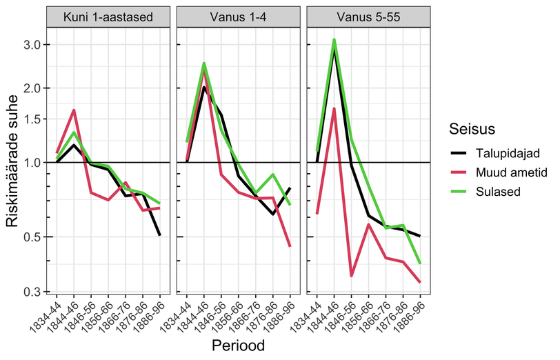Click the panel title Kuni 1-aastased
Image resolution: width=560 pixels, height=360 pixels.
pyautogui.click(x=108, y=17)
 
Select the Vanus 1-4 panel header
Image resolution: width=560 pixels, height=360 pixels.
pyautogui.click(x=238, y=17)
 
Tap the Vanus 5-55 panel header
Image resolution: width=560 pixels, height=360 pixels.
pyautogui.click(x=368, y=17)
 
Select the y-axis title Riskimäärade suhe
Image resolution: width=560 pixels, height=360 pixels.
pyautogui.click(x=12, y=161)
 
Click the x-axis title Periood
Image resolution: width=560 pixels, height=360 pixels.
pyautogui.click(x=238, y=346)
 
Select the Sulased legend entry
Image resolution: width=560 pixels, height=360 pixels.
pyautogui.click(x=498, y=192)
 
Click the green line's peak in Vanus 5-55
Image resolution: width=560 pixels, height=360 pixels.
pyautogui.click(x=334, y=39)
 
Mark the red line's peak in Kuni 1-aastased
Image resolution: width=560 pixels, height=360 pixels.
pyautogui.click(x=74, y=110)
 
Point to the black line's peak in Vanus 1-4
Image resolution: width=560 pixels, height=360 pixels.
pyautogui.click(x=204, y=87)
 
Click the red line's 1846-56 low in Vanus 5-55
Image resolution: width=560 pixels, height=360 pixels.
pyautogui.click(x=352, y=276)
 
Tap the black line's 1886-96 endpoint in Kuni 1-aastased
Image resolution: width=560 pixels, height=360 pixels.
pyautogui.click(x=159, y=235)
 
